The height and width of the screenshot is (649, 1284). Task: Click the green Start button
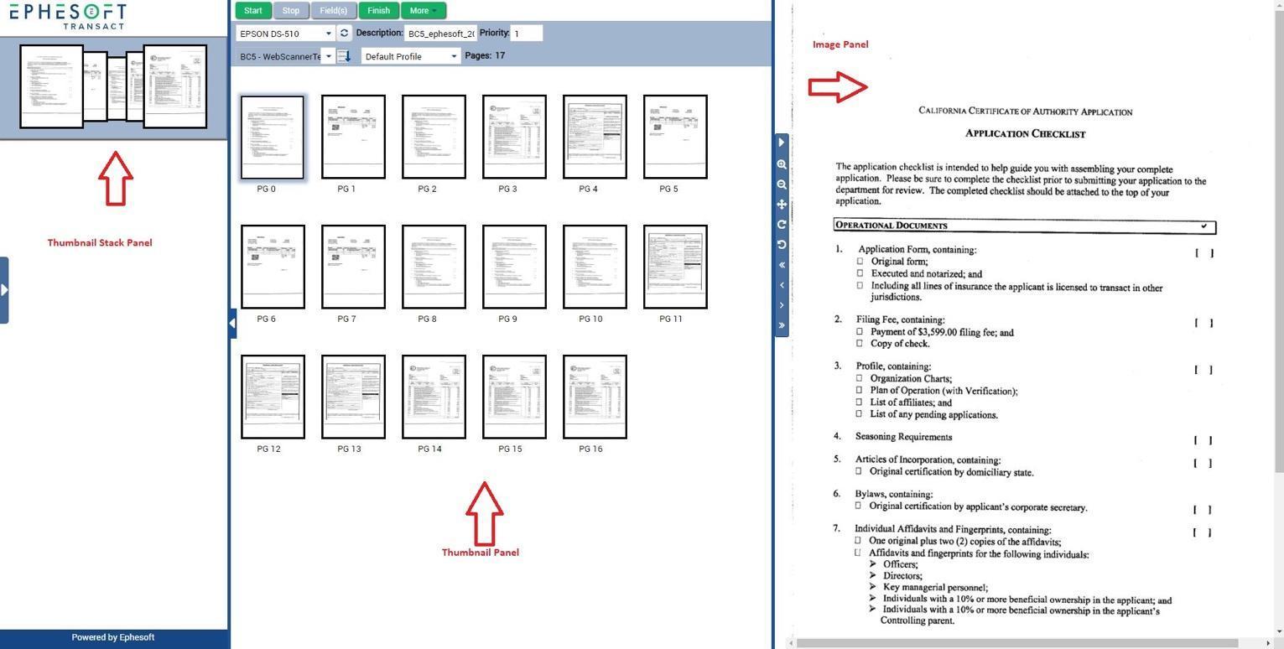252,11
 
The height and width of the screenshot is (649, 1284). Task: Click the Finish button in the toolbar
378,11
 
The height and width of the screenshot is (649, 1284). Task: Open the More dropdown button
423,11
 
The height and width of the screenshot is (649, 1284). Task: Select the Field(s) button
333,11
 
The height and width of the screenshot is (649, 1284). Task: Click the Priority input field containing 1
527,34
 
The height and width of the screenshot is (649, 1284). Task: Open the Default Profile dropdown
411,56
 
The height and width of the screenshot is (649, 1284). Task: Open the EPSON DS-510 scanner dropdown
285,34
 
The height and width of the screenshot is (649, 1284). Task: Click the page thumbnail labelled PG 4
595,137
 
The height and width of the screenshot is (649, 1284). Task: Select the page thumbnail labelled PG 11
675,267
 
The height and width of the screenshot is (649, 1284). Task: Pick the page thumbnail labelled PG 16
595,397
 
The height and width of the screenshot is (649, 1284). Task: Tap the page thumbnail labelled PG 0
273,137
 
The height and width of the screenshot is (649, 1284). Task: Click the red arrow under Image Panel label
838,86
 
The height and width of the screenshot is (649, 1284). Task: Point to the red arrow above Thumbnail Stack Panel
116,178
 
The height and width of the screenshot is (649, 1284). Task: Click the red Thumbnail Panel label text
480,553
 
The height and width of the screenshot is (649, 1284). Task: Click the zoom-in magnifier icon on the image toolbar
782,165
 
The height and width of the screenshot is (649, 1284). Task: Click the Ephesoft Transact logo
68,15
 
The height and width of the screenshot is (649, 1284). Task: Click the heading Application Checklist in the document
1025,133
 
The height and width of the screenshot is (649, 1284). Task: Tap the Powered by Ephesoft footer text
112,637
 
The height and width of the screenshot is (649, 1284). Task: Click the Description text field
440,34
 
